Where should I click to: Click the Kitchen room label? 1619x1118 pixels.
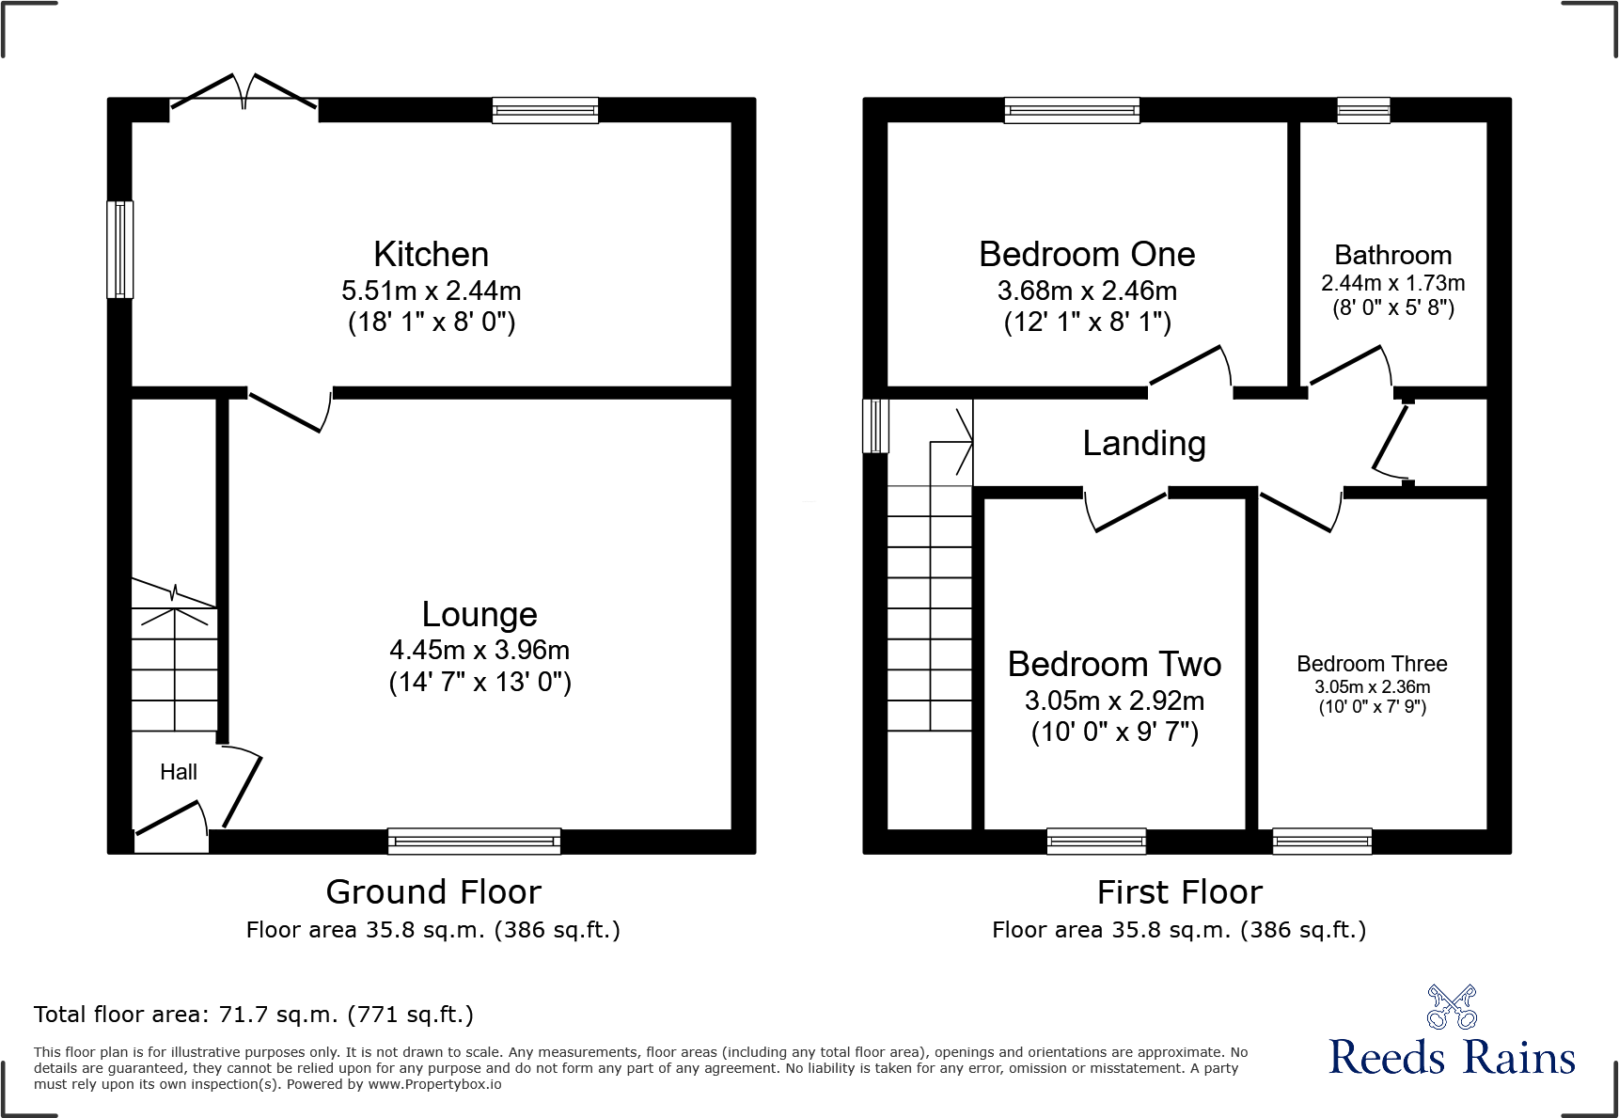tap(431, 255)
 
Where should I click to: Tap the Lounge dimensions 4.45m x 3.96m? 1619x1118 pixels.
tap(479, 650)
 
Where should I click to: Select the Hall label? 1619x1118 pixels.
tap(178, 772)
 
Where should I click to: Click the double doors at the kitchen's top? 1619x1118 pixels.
tap(244, 94)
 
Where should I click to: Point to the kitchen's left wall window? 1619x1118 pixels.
tap(119, 249)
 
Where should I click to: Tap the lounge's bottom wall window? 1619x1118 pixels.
tap(474, 841)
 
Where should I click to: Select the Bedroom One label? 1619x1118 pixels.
tap(1087, 255)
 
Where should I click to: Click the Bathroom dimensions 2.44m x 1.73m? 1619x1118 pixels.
tap(1392, 283)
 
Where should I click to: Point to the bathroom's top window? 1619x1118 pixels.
tap(1363, 110)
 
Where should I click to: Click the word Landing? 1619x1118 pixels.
tap(1143, 444)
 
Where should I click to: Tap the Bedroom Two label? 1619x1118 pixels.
tap(1114, 665)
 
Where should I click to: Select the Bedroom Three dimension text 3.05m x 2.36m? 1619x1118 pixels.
tap(1372, 687)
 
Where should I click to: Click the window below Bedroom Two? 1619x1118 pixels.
tap(1096, 841)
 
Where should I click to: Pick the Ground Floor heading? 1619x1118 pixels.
tap(433, 891)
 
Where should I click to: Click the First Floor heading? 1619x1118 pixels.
tap(1179, 891)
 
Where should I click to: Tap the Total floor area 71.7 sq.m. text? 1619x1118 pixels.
tap(254, 1015)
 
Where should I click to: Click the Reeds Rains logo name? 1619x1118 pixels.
tap(1452, 1057)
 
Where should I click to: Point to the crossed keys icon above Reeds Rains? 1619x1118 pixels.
tap(1452, 1007)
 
